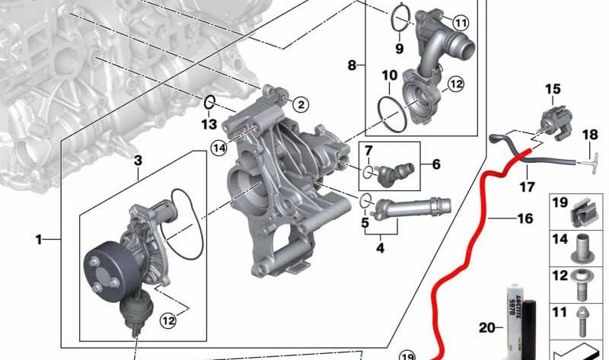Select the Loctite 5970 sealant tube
tap(512, 312)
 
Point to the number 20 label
tap(486, 329)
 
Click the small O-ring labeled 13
tap(210, 100)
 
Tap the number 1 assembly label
tap(39, 241)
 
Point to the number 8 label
tap(352, 65)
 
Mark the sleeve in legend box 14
tap(581, 245)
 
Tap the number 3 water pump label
tap(138, 161)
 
